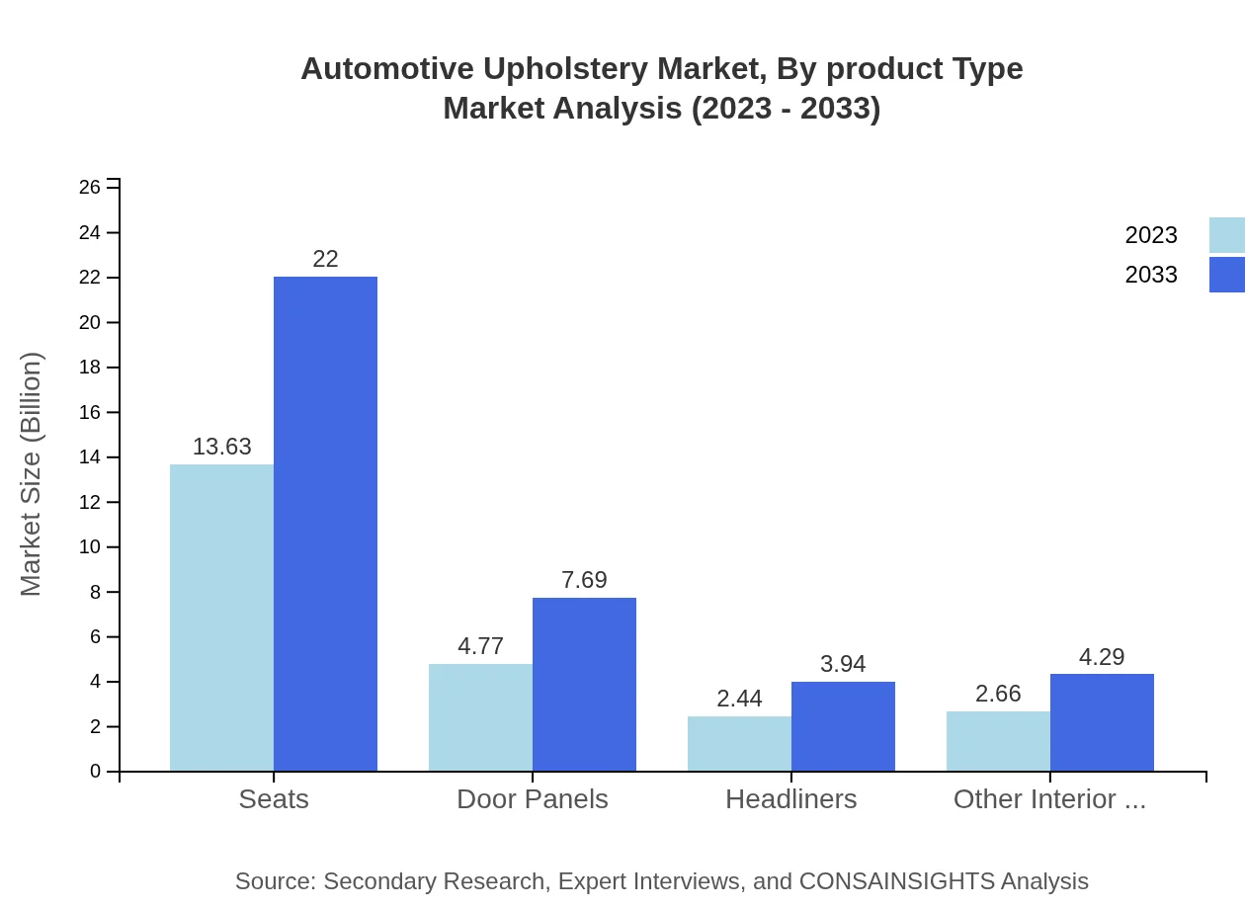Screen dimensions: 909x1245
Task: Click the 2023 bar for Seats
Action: point(221,618)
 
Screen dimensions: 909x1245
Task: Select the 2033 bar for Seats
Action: point(325,524)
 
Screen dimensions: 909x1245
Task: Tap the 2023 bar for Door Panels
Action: point(480,717)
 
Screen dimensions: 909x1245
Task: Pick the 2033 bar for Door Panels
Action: point(584,685)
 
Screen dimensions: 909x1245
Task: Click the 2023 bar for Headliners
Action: point(739,744)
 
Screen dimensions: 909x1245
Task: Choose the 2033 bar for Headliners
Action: point(843,726)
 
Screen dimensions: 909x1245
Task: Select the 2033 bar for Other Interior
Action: point(1102,722)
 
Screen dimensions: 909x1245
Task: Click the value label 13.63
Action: point(221,447)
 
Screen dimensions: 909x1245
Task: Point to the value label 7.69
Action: point(584,580)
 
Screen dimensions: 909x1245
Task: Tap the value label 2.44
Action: point(739,699)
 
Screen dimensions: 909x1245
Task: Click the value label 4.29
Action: point(1102,657)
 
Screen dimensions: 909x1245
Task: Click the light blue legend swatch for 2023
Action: point(1226,235)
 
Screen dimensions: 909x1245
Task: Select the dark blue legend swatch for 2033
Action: point(1226,275)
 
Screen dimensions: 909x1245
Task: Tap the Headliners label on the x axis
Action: point(790,799)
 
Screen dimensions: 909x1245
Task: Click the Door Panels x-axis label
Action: point(532,799)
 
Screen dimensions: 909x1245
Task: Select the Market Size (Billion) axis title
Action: point(31,474)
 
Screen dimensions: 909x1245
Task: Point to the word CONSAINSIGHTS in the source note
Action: point(896,881)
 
